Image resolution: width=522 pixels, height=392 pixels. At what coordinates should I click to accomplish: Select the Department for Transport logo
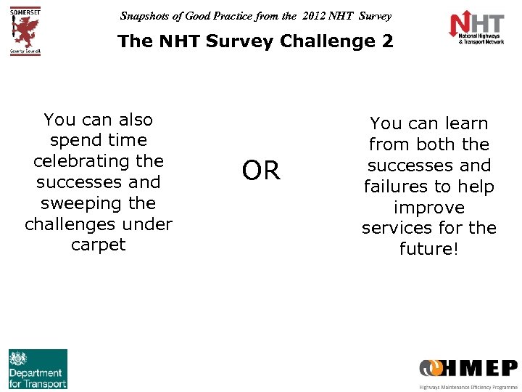[x=38, y=369]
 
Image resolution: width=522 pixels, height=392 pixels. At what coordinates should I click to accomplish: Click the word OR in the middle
[x=261, y=171]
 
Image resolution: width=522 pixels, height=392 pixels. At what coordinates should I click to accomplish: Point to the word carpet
[x=99, y=245]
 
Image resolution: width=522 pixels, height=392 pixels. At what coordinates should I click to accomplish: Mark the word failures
[x=398, y=187]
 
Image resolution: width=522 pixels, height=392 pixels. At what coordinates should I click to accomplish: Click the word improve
[x=428, y=208]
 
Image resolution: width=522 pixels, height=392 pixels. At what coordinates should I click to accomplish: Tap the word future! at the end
[x=428, y=249]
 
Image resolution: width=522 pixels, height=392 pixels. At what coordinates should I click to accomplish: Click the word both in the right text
[x=435, y=145]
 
